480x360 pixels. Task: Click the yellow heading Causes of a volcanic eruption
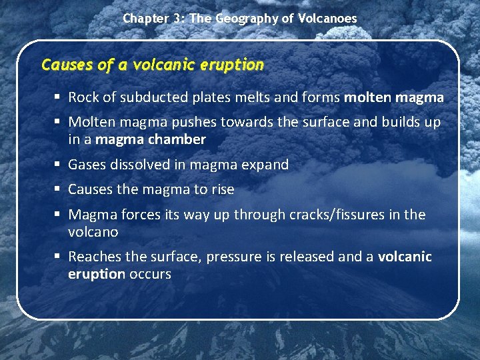pos(153,65)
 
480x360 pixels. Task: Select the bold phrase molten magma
pos(393,97)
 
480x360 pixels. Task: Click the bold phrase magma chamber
pos(151,139)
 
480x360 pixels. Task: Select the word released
pos(300,257)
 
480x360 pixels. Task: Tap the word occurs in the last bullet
pos(150,274)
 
